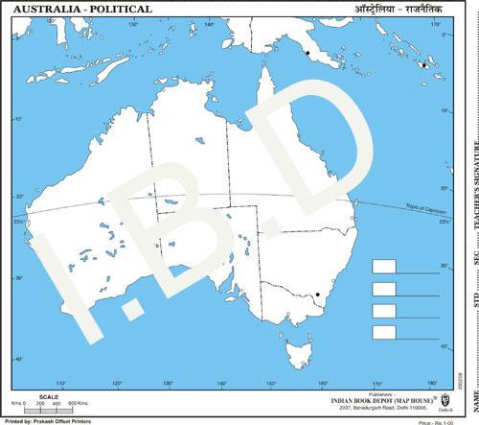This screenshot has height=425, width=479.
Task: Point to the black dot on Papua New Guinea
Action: coord(307,54)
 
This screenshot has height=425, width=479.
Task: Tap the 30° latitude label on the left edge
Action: coord(18,278)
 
